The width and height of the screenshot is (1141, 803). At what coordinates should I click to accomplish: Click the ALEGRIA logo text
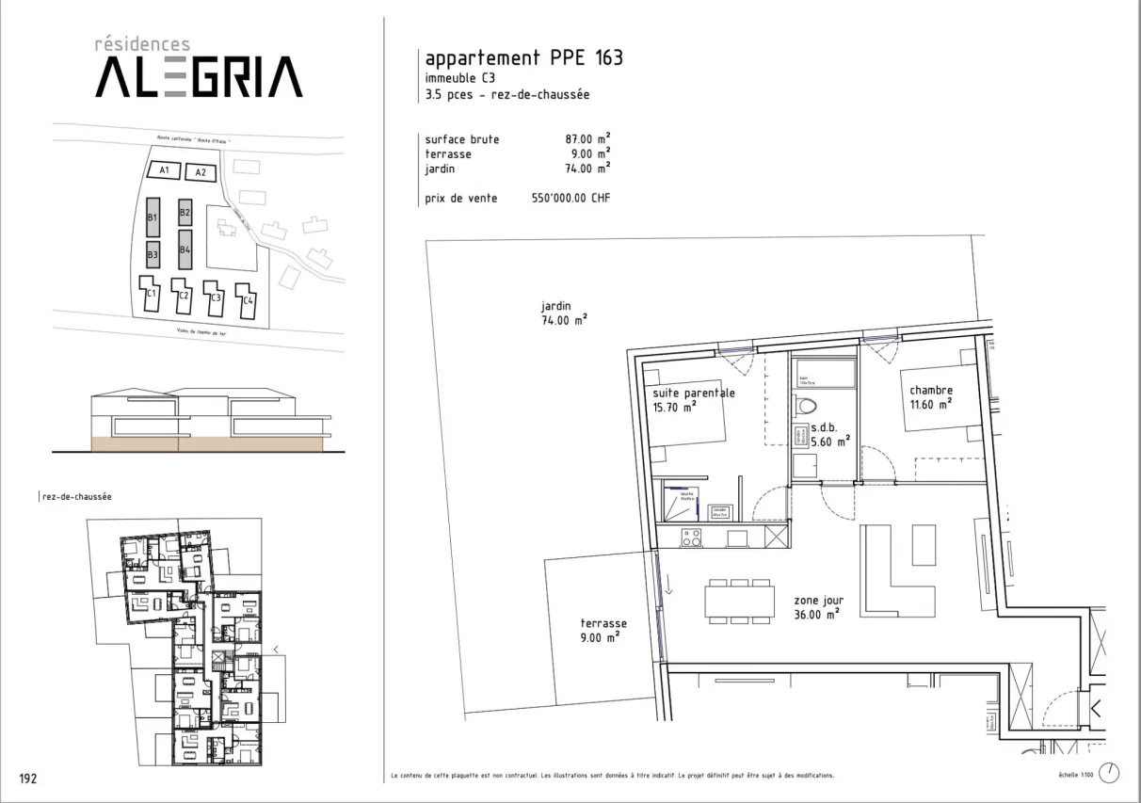[x=199, y=77]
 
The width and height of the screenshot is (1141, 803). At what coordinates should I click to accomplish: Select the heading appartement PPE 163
[x=523, y=58]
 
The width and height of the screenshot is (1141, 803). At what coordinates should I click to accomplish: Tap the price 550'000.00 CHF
[x=571, y=199]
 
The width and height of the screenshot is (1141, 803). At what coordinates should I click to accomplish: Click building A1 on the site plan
[x=164, y=170]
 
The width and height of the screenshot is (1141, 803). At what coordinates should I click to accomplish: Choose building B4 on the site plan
[x=185, y=250]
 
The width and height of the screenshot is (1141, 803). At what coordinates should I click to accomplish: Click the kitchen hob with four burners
[x=691, y=538]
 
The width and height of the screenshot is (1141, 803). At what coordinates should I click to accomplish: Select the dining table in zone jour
[x=739, y=601]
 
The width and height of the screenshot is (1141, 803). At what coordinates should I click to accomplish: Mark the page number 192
[x=29, y=778]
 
